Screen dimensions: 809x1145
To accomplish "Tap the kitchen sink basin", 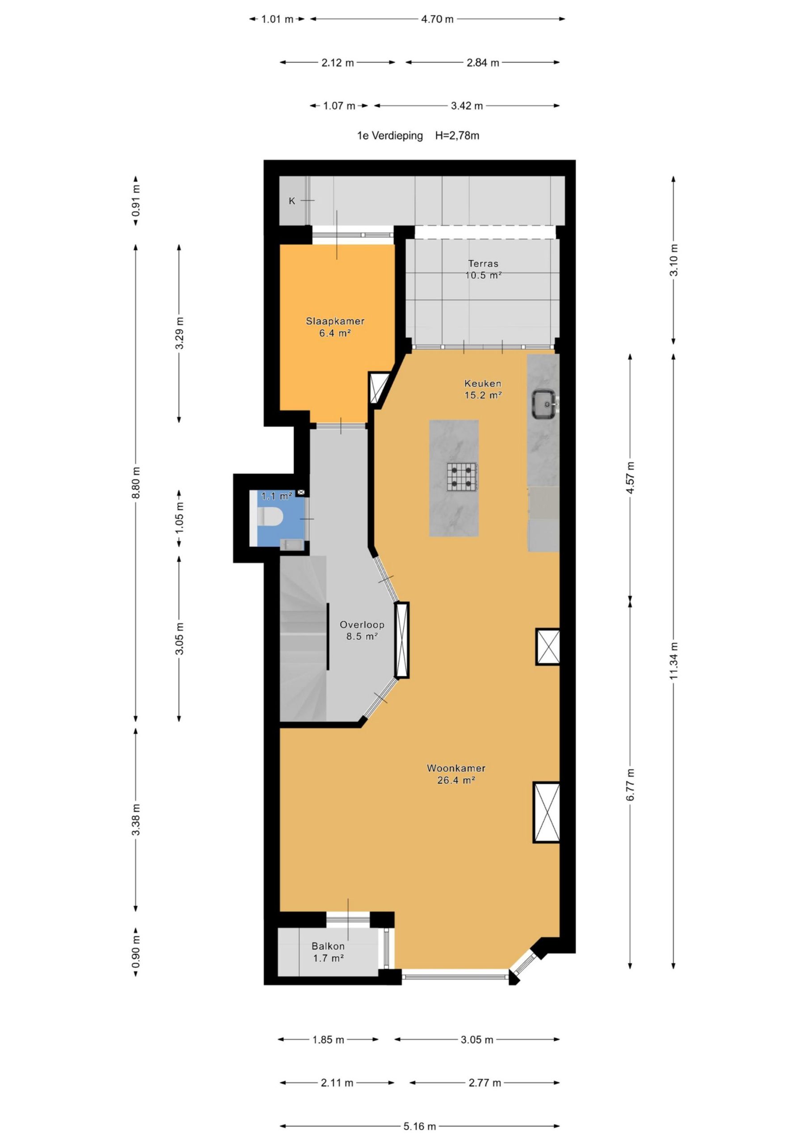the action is pyautogui.click(x=544, y=403).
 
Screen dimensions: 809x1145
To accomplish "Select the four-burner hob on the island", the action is pyautogui.click(x=462, y=477).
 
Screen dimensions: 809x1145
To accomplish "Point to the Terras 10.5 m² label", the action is pyautogui.click(x=483, y=269).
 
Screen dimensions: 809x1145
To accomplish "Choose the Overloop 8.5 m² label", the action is pyautogui.click(x=362, y=630).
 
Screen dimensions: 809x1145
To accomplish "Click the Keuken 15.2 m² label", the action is pyautogui.click(x=483, y=389).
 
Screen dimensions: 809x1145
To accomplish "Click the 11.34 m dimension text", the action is pyautogui.click(x=674, y=660).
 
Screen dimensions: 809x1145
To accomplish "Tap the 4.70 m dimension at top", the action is pyautogui.click(x=437, y=19).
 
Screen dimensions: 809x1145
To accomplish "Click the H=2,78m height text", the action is pyautogui.click(x=457, y=136).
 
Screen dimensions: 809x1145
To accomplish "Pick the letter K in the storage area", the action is pyautogui.click(x=292, y=201).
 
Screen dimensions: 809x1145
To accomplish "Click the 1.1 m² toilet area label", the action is pyautogui.click(x=277, y=496).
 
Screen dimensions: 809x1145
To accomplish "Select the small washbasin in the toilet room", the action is pyautogui.click(x=291, y=545).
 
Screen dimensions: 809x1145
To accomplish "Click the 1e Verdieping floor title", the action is pyautogui.click(x=390, y=136).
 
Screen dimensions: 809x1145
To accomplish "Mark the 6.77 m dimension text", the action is pyautogui.click(x=630, y=785).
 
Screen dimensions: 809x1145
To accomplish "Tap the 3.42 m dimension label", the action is pyautogui.click(x=467, y=106).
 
